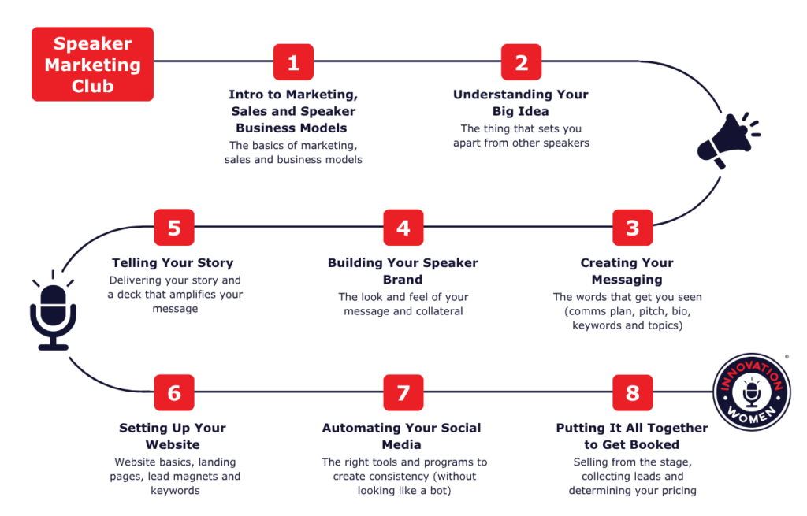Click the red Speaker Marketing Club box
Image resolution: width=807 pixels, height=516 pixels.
pos(93,65)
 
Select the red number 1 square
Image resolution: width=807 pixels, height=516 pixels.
pos(293,62)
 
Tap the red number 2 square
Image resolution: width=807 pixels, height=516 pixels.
pos(522,62)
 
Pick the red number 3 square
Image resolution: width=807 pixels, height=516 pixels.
pos(633,228)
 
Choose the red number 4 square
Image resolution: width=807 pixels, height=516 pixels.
pos(403,228)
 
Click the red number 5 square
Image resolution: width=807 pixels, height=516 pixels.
pos(174,228)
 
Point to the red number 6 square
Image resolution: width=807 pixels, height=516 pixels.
pos(174,392)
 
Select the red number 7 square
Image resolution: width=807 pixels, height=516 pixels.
pos(403,392)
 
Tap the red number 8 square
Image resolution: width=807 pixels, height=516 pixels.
pos(633,392)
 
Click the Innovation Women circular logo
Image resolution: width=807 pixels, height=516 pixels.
pos(752,392)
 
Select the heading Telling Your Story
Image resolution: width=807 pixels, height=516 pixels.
pos(173,263)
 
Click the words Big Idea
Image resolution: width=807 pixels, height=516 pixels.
pos(521,111)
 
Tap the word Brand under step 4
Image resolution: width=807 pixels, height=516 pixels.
pos(403,280)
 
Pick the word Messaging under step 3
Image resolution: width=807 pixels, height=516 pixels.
pos(627,280)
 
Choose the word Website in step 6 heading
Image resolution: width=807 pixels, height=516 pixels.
pos(173,444)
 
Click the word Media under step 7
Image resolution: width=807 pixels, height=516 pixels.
pos(401,444)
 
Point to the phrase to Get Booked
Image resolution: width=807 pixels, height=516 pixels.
pos(631,444)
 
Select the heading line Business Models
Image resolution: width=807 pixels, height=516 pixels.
pos(292,128)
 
